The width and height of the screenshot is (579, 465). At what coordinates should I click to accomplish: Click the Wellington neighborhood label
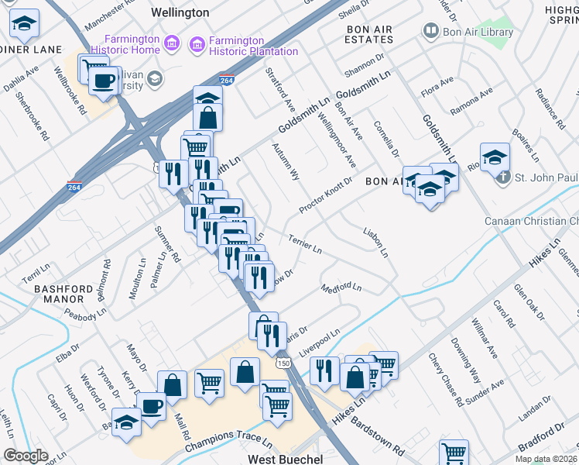point(180,13)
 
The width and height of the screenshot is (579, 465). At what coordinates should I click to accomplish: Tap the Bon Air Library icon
point(430,32)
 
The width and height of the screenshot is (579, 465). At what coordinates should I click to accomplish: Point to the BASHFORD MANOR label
point(70,293)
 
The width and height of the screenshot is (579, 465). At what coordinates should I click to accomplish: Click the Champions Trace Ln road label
point(228,444)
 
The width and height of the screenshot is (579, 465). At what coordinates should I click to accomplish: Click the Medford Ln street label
point(341,288)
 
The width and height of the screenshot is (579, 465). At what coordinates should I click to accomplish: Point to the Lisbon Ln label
point(376,243)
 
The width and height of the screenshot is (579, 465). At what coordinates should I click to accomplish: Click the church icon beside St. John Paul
point(503,177)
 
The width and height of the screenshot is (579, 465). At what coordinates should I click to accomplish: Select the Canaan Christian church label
point(531,222)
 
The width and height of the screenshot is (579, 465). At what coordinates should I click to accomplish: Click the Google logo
point(26,456)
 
